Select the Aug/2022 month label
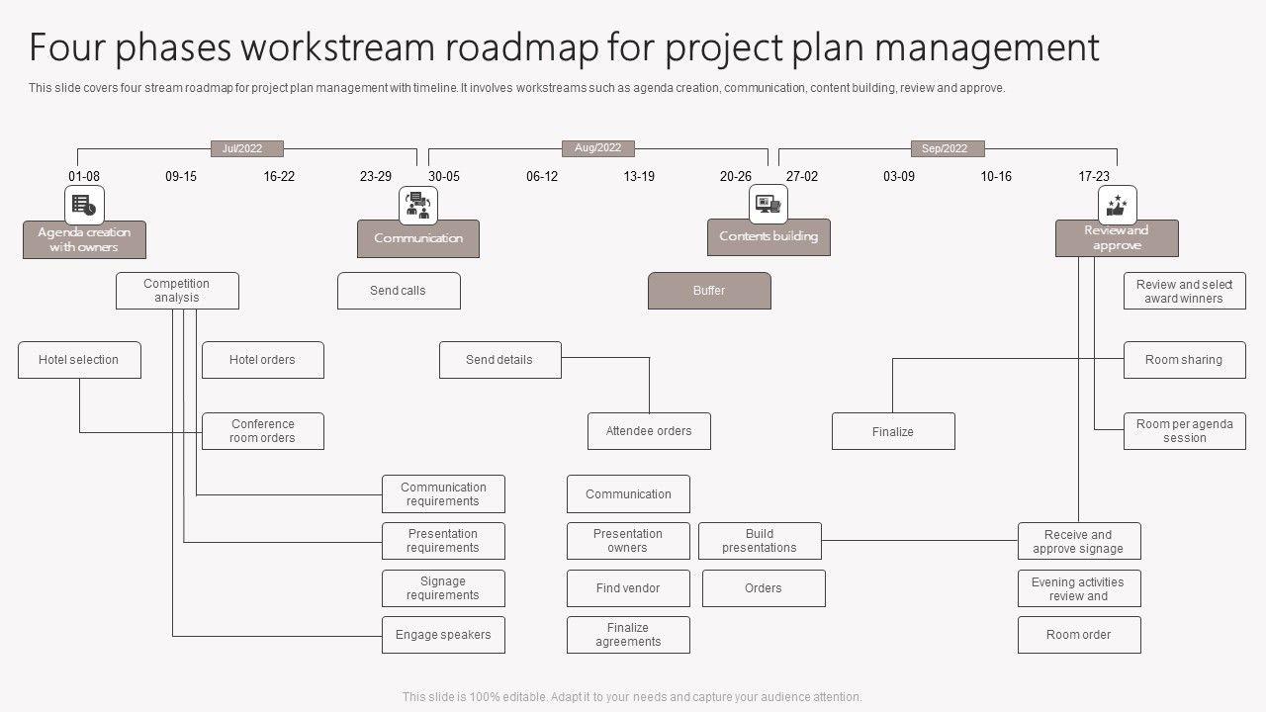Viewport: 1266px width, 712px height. click(598, 148)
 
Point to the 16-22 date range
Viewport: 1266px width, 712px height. click(279, 176)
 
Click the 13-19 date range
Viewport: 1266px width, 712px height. click(639, 176)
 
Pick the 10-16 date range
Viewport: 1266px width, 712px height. click(996, 176)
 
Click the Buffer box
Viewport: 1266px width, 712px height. click(709, 291)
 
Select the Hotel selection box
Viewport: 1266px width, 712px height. click(79, 360)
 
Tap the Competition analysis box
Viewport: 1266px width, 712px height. click(177, 291)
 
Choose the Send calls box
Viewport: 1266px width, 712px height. click(399, 291)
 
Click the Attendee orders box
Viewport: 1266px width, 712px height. click(649, 431)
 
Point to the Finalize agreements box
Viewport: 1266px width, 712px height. click(628, 635)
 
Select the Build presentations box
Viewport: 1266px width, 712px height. click(760, 541)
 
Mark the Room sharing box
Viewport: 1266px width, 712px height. click(1184, 360)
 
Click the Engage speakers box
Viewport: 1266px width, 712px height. click(443, 635)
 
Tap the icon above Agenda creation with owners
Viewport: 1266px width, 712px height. click(84, 206)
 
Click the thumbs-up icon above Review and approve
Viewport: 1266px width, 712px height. click(1118, 205)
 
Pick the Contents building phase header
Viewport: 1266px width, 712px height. click(769, 237)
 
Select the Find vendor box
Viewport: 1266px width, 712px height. click(628, 588)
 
